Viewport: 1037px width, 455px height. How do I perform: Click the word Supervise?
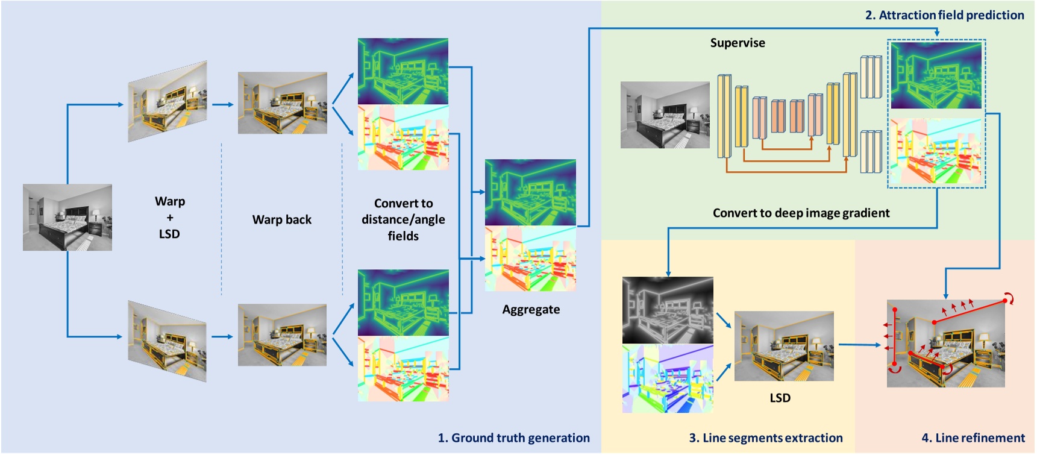tap(738, 43)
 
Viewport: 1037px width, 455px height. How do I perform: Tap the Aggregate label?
tap(531, 310)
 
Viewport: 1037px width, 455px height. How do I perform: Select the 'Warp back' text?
tap(282, 219)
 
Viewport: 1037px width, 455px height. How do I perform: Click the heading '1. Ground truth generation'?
tap(513, 438)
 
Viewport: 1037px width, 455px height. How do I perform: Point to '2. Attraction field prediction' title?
tap(944, 15)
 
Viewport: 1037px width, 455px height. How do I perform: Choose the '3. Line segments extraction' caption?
tap(766, 438)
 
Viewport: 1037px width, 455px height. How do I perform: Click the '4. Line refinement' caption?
tap(973, 438)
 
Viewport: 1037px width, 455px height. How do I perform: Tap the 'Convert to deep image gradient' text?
tap(801, 213)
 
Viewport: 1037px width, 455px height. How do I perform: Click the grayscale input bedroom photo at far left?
tap(67, 217)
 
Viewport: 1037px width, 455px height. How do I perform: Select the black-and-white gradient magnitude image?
tap(668, 310)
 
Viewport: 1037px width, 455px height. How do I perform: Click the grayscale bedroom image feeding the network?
tap(665, 115)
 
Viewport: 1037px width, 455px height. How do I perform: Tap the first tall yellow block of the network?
tap(724, 116)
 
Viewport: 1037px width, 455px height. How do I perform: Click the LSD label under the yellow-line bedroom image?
tap(780, 398)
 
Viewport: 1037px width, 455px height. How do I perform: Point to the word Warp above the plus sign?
tap(170, 201)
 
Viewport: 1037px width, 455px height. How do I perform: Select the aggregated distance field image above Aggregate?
tap(530, 192)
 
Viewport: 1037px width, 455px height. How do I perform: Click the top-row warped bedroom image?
tap(168, 101)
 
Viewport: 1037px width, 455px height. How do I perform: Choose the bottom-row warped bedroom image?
tap(168, 341)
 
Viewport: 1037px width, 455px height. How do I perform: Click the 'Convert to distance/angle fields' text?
tap(403, 219)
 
